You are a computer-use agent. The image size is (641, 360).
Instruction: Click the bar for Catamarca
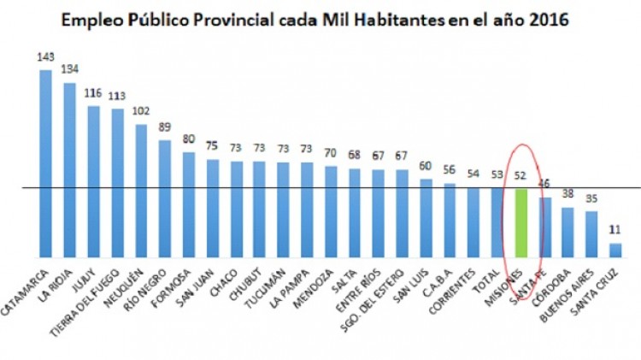tap(46, 162)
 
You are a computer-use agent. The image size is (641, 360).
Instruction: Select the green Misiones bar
tap(520, 222)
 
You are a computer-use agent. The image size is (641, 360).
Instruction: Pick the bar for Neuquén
tap(141, 190)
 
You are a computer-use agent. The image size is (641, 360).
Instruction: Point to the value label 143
tap(46, 57)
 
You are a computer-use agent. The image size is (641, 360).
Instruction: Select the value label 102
tap(141, 111)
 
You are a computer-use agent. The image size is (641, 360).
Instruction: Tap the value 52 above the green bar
tap(520, 176)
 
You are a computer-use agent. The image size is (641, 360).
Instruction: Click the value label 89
tap(165, 127)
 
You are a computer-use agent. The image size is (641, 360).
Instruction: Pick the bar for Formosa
tap(189, 204)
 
